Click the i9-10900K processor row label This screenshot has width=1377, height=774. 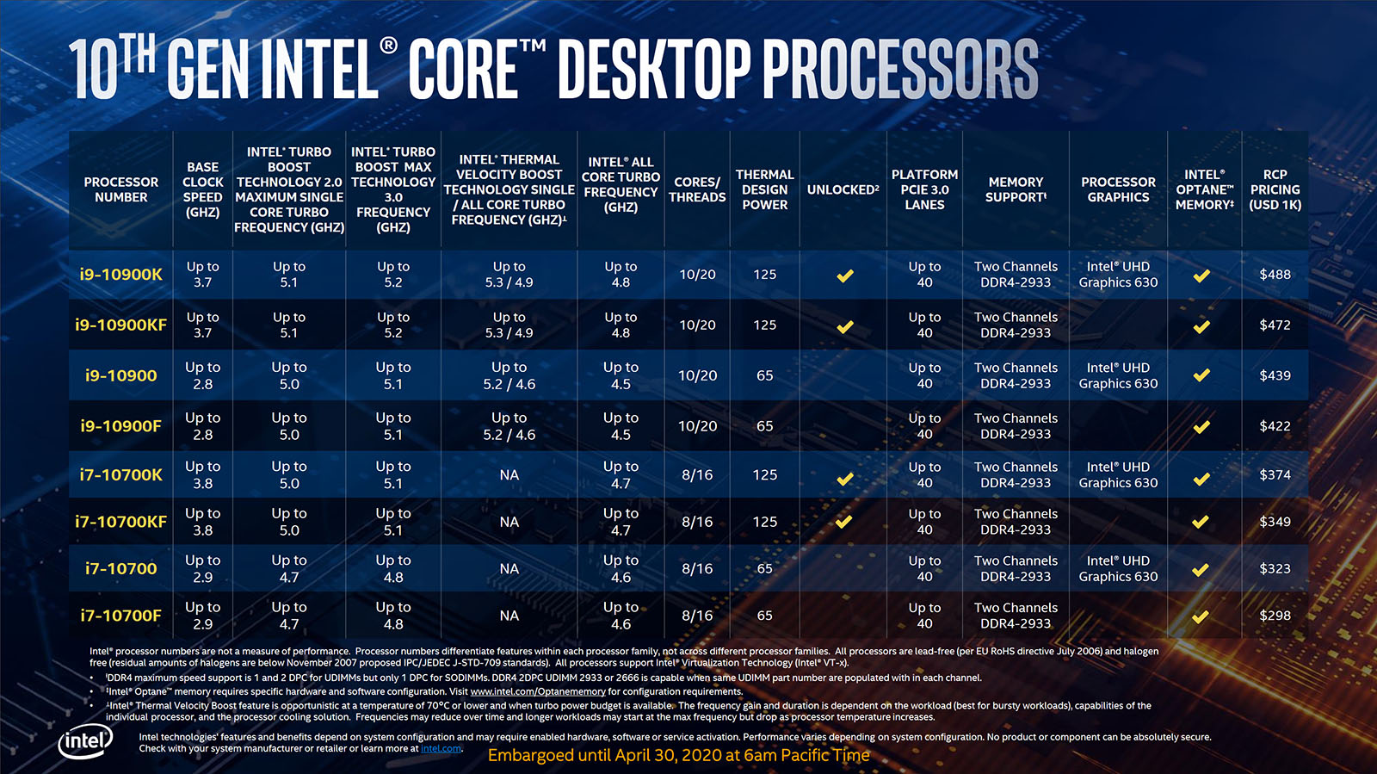click(120, 275)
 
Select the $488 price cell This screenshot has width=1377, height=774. click(1275, 275)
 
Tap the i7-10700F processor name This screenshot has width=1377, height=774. click(120, 616)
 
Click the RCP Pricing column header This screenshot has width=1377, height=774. click(1275, 189)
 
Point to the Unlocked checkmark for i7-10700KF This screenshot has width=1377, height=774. click(844, 522)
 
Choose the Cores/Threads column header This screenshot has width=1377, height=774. click(697, 189)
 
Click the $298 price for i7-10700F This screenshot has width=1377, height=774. click(1275, 616)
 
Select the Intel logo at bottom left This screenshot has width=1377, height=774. click(85, 741)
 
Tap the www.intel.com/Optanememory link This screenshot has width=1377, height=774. click(538, 691)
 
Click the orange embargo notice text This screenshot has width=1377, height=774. click(678, 756)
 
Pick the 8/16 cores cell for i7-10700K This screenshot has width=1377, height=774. click(697, 475)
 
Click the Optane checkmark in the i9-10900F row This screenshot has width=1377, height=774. click(1201, 426)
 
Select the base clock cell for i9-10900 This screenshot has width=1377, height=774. click(202, 375)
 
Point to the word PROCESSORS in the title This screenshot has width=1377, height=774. click(900, 69)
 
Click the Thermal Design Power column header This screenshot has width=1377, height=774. click(764, 189)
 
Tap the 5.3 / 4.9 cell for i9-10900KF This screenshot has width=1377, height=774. click(509, 325)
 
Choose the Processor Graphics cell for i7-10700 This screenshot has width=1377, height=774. click(1118, 569)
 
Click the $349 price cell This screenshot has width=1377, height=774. click(1275, 522)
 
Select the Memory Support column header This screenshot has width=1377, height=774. click(1016, 189)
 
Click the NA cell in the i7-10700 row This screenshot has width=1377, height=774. click(509, 569)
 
